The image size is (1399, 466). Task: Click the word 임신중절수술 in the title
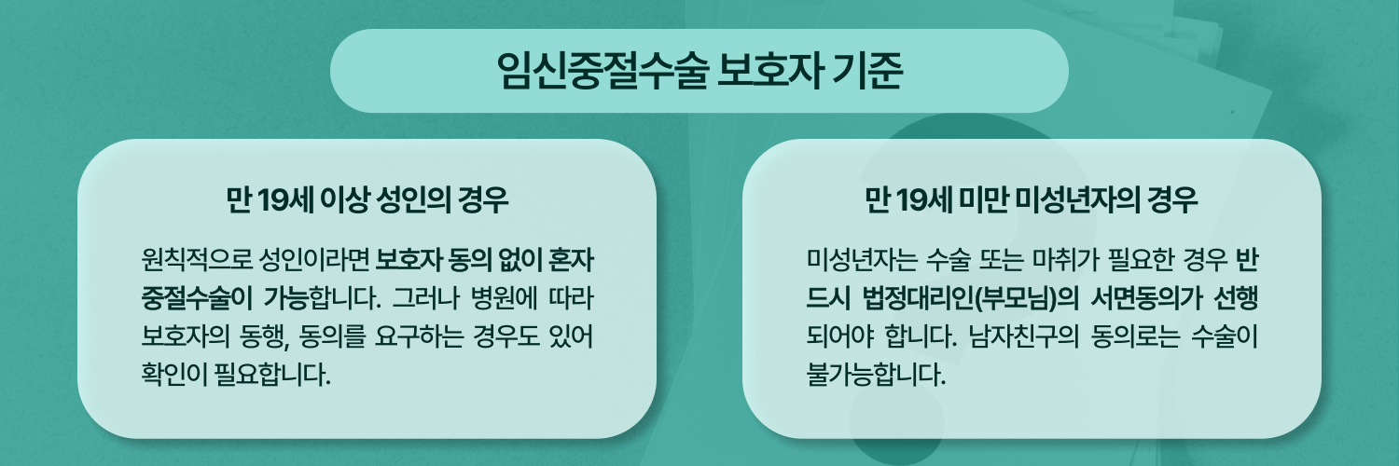603,70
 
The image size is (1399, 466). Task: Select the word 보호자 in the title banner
769,70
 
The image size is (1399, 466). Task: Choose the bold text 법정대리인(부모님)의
970,299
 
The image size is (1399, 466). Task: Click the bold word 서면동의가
1146,299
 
